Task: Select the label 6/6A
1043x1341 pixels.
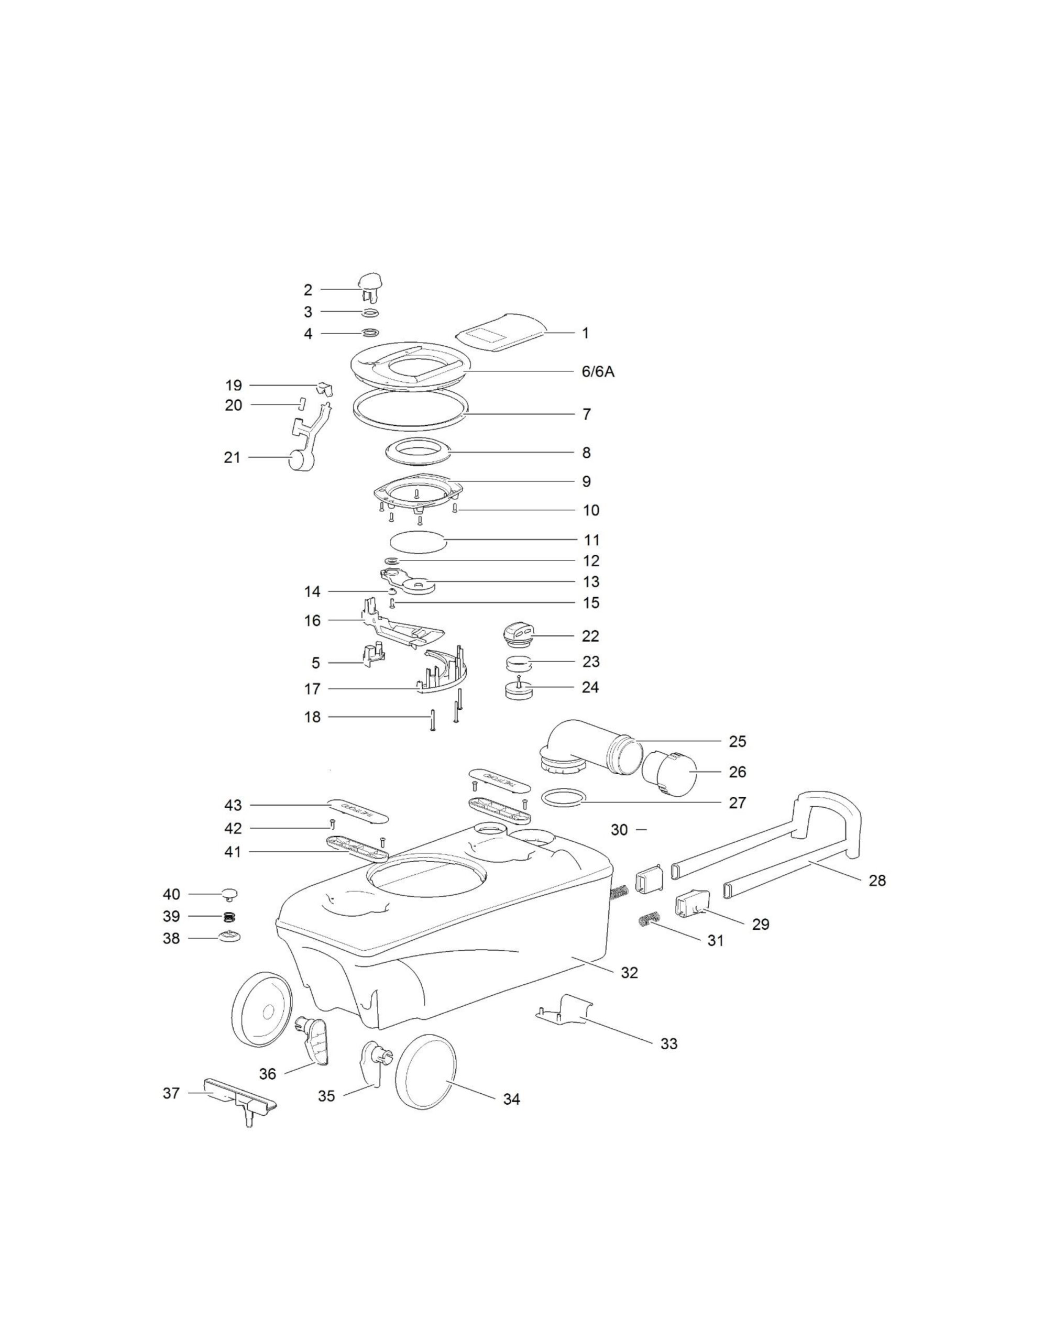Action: click(598, 371)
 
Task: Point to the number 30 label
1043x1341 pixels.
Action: click(619, 830)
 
